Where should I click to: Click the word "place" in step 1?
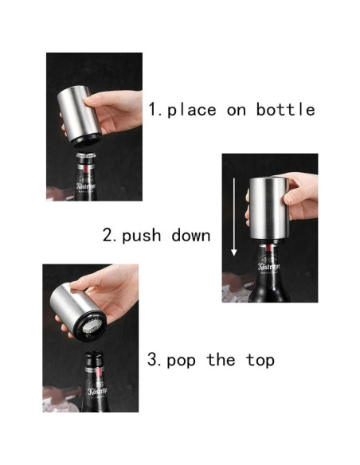click(191, 110)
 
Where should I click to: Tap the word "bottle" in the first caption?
click(285, 109)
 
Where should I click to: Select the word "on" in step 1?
click(237, 110)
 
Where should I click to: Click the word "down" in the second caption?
click(191, 235)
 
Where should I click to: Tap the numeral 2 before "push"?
click(108, 236)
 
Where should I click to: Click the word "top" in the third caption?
click(260, 360)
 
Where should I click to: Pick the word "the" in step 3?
click(221, 360)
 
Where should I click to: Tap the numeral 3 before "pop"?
click(153, 360)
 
